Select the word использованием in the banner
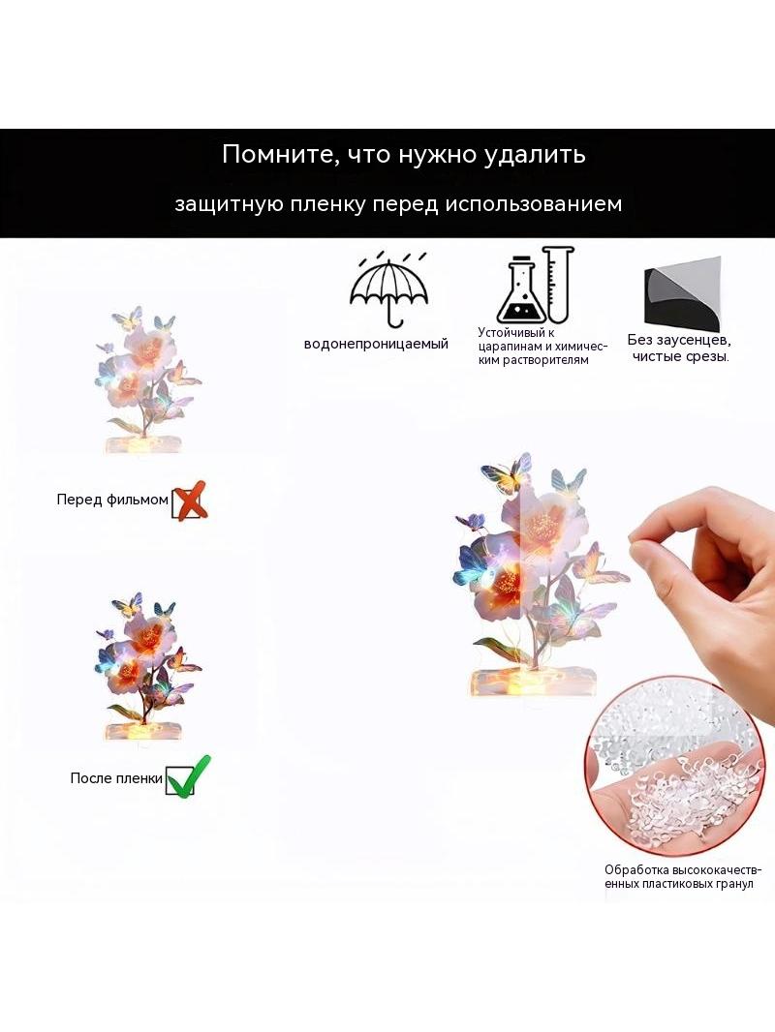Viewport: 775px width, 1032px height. point(534,204)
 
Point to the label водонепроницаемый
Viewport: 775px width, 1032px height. point(376,345)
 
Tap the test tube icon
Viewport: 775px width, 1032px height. point(558,284)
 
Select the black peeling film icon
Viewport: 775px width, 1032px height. point(681,294)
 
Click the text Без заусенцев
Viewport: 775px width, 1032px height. point(679,340)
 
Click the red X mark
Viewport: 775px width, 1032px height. point(191,501)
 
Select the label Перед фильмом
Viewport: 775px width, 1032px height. point(112,501)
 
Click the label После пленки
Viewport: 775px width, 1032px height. point(116,778)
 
